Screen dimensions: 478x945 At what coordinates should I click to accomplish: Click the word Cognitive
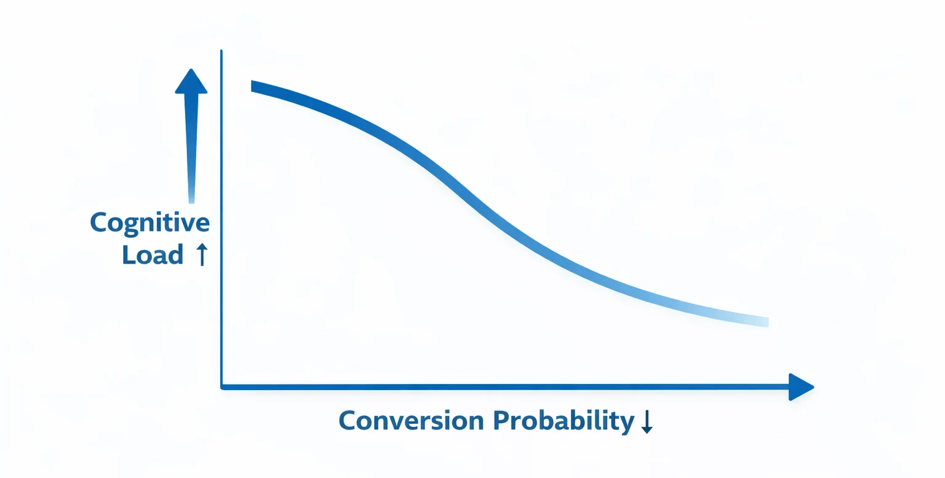click(150, 222)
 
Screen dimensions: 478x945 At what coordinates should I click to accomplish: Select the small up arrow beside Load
click(201, 254)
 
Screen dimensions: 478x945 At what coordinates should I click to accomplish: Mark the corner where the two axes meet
click(221, 387)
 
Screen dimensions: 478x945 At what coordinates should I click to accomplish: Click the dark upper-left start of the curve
click(253, 86)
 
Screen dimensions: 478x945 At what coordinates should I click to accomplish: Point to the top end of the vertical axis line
click(221, 52)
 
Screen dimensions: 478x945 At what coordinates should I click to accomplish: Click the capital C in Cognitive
click(98, 222)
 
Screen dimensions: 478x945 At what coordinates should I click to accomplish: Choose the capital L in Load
click(128, 254)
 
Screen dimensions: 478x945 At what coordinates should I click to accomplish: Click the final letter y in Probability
click(628, 424)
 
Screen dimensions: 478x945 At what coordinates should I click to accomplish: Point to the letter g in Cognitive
click(130, 226)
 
